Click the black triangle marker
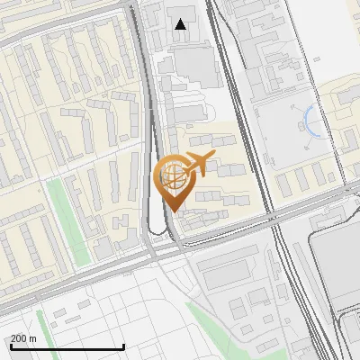[x=181, y=24]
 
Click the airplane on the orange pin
[x=199, y=163]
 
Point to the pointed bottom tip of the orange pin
[x=173, y=212]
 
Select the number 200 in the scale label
[x=19, y=338]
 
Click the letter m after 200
[x=32, y=338]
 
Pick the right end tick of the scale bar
[x=123, y=346]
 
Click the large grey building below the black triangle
[x=196, y=67]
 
